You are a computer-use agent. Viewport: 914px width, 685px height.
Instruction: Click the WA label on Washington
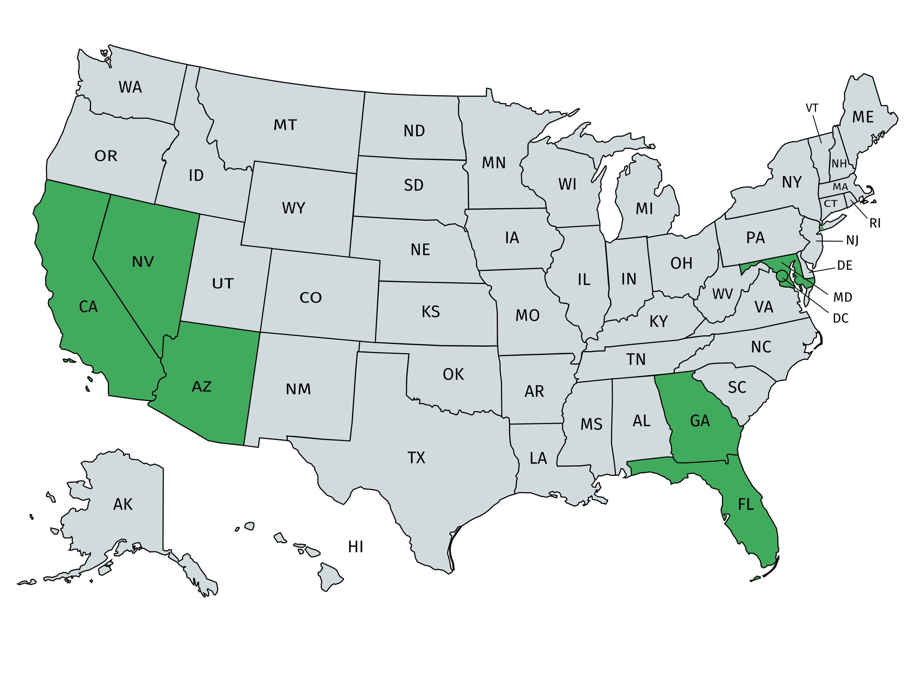[130, 87]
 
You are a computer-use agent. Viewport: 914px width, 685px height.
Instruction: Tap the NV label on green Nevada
[143, 261]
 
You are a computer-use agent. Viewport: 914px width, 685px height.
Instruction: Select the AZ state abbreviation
[202, 386]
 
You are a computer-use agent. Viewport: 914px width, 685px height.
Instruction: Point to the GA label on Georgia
[700, 421]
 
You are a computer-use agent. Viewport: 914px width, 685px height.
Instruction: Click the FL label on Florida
[746, 504]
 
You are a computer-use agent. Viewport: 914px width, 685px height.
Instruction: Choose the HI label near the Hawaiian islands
[355, 547]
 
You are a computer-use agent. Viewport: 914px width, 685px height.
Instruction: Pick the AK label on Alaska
[123, 504]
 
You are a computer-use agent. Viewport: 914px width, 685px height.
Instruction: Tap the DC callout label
[841, 318]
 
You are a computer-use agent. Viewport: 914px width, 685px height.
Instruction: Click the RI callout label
[875, 223]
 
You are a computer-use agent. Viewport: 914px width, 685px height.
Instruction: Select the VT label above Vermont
[812, 108]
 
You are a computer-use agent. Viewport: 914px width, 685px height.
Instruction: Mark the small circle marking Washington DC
[781, 275]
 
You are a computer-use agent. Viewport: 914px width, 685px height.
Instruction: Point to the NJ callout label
[852, 240]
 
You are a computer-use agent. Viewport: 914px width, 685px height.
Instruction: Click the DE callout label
[844, 265]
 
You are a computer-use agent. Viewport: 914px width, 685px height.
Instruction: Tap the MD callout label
[842, 297]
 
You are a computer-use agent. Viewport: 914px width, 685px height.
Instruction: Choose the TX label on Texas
[416, 458]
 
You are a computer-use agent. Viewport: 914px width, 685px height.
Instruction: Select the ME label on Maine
[863, 118]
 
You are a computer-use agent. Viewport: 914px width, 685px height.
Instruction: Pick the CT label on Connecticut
[830, 203]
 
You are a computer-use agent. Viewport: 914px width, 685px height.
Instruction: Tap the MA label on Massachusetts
[840, 187]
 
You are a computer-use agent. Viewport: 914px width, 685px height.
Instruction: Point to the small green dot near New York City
[822, 228]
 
